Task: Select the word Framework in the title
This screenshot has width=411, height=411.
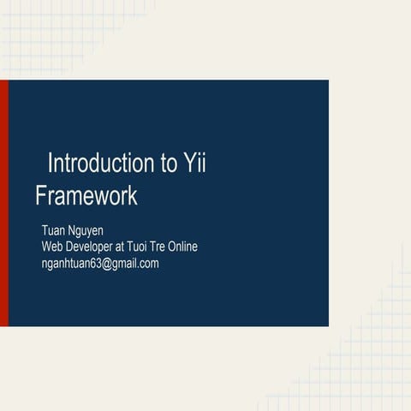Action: (x=86, y=196)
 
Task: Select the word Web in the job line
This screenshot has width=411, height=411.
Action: (x=53, y=247)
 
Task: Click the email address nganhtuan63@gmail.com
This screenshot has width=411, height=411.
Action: (x=100, y=263)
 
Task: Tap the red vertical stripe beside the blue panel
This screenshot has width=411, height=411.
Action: (x=4, y=203)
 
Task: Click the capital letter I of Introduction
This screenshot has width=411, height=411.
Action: (x=51, y=163)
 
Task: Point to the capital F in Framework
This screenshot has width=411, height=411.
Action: (x=40, y=196)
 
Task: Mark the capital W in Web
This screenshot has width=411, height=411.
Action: (x=48, y=247)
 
